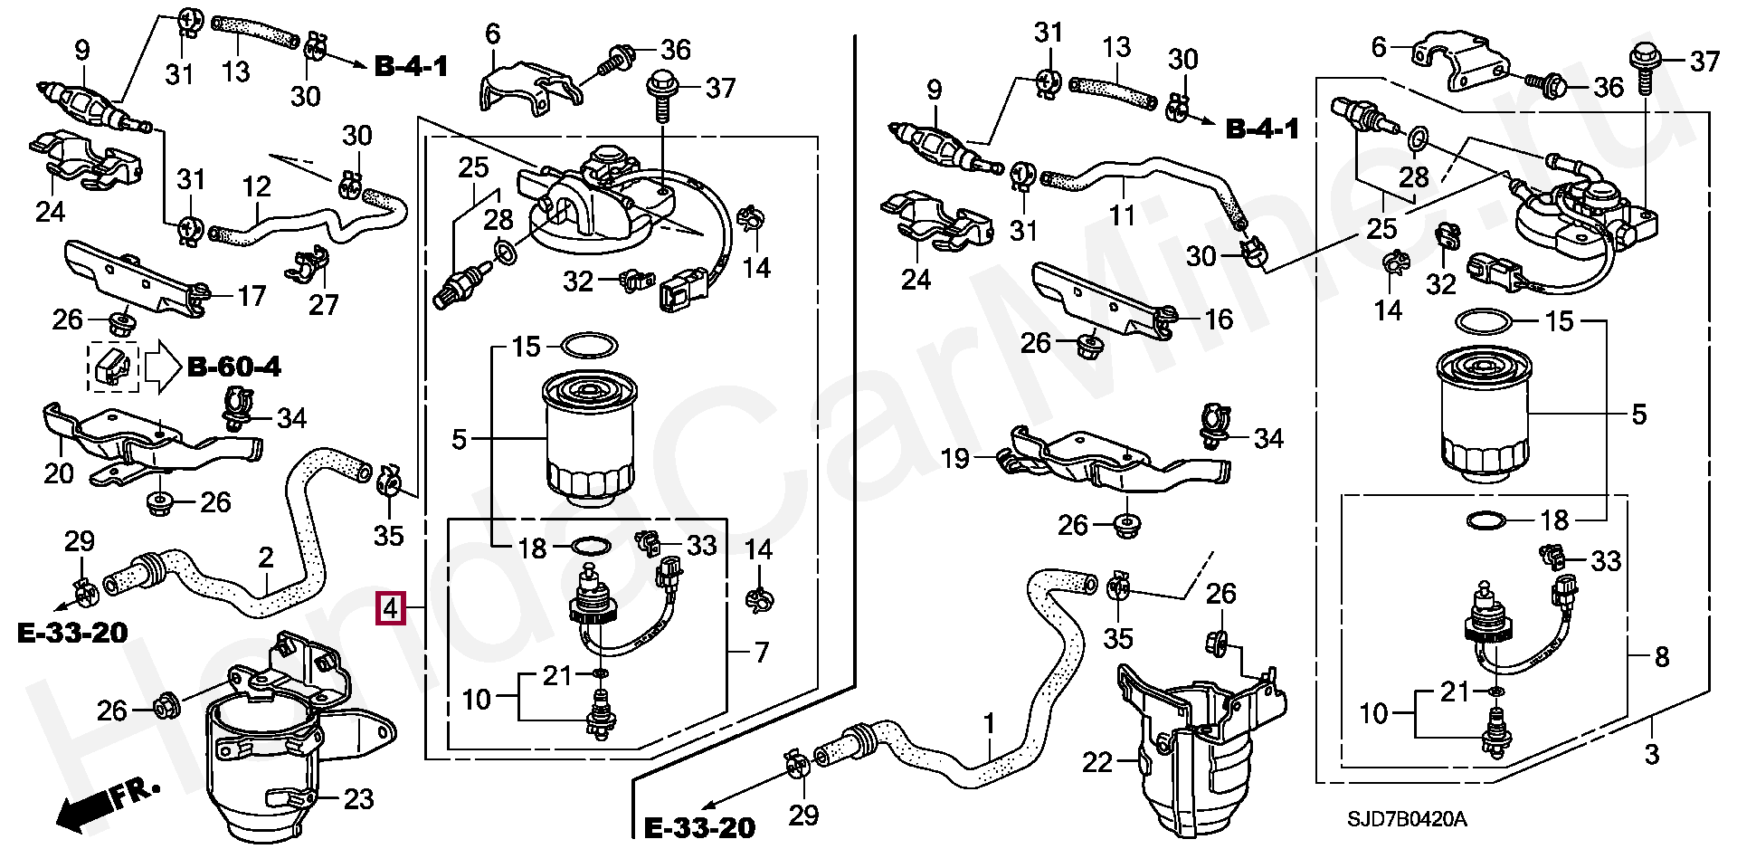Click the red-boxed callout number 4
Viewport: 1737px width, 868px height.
tap(391, 608)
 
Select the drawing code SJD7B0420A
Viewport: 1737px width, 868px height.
tap(1407, 819)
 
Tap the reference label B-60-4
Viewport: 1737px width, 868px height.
tap(234, 367)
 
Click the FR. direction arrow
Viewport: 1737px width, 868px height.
tap(107, 804)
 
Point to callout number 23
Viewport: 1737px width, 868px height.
tap(358, 799)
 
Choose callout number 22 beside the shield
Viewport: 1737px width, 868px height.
tap(1097, 763)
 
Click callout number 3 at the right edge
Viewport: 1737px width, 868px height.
tap(1652, 755)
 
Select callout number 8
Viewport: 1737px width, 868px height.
tap(1661, 657)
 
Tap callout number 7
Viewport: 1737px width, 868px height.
tap(762, 653)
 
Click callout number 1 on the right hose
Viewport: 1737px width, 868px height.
tap(989, 723)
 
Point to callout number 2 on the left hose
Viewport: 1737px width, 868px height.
tap(265, 558)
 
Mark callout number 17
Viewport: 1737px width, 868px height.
tap(252, 296)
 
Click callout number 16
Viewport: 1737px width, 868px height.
tap(1219, 320)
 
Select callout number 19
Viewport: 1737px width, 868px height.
tap(955, 459)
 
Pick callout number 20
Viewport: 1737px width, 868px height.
tap(59, 473)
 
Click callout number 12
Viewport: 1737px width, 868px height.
tap(257, 187)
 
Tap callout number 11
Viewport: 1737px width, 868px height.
tap(1123, 215)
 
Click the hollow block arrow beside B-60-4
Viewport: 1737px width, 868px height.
tap(164, 367)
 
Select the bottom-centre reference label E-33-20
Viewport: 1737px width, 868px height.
tap(699, 827)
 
